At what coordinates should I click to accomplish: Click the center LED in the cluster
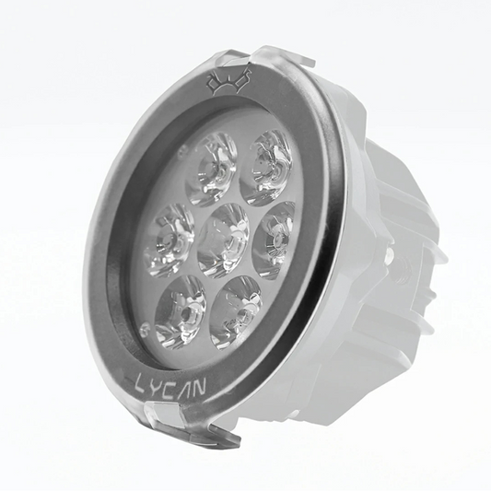tap(224, 240)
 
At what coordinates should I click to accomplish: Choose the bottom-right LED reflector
tap(236, 311)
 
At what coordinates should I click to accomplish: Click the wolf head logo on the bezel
tap(228, 84)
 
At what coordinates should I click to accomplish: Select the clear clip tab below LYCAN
tap(184, 427)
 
